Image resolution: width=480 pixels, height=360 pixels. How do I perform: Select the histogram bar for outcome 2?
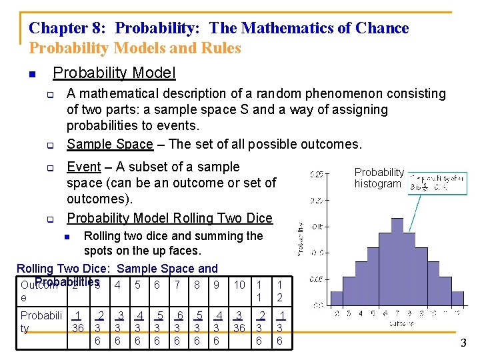(337, 301)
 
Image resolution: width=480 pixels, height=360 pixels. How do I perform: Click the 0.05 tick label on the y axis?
(317, 279)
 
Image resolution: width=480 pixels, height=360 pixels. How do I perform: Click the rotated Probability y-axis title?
(301, 239)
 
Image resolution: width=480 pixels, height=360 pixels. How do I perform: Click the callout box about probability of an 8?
(429, 183)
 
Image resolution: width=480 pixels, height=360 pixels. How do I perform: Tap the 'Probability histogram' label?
(379, 178)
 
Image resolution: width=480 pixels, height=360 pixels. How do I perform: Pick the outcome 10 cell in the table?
(239, 285)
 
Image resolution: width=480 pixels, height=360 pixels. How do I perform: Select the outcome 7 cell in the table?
(177, 285)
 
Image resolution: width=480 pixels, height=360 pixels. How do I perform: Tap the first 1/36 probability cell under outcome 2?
(78, 321)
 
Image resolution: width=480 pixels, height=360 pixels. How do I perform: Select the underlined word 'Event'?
(84, 167)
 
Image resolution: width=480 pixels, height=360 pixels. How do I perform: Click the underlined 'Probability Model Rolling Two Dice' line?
(169, 218)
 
